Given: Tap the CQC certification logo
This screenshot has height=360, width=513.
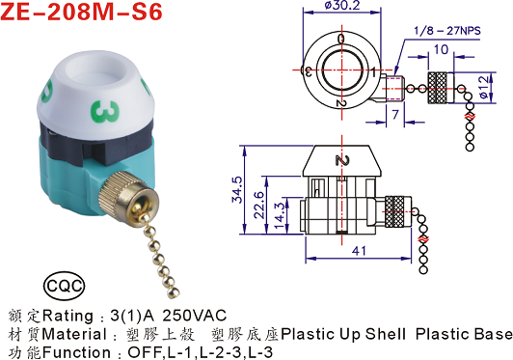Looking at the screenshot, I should coord(65,287).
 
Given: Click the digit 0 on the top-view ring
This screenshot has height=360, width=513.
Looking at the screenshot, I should coord(339,38).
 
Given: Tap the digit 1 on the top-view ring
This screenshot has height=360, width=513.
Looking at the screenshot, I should coord(374,72).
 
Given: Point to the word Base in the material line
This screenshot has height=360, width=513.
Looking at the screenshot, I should coord(491,335).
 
